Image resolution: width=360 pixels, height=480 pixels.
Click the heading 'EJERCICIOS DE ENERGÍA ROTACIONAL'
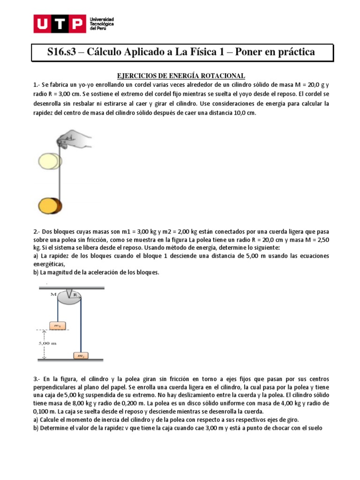coord(180,76)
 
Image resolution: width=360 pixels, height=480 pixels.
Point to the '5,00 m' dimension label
coord(47,343)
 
